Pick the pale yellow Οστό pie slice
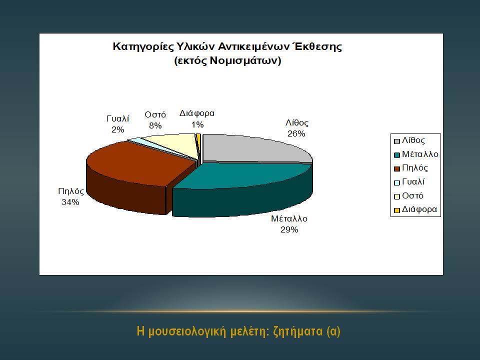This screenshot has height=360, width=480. [x=171, y=143]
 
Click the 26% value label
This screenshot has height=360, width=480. [x=296, y=134]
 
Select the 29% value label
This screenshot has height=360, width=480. [x=289, y=229]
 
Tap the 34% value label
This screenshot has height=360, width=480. [x=70, y=202]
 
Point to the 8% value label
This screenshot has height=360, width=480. [x=155, y=125]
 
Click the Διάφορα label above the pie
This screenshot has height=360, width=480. [x=197, y=113]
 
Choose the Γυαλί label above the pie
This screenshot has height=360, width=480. [x=118, y=118]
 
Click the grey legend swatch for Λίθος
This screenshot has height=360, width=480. [x=396, y=141]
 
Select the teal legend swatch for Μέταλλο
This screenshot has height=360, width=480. [x=396, y=155]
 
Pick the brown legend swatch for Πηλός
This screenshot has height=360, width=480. [x=396, y=168]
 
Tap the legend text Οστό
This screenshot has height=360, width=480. [x=412, y=195]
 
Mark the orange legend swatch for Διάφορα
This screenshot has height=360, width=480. [x=396, y=210]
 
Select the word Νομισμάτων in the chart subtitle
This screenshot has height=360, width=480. [x=243, y=60]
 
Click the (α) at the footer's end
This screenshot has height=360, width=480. [x=333, y=331]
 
